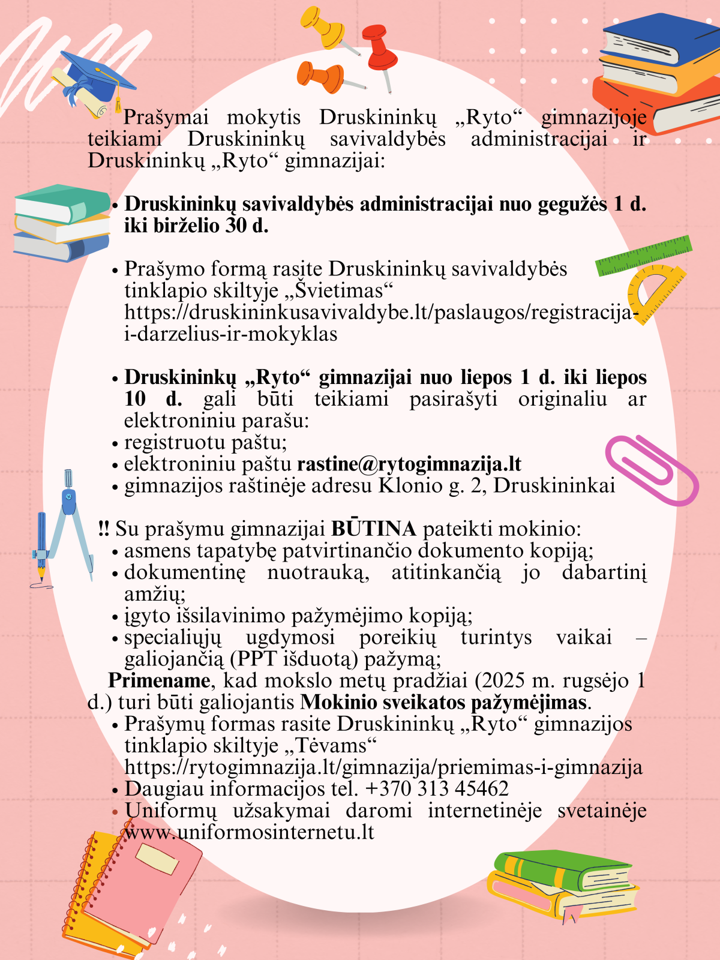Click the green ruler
click(x=644, y=256)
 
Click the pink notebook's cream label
click(x=157, y=859)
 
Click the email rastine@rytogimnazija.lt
click(x=409, y=464)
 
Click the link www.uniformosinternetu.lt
click(x=250, y=832)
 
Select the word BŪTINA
click(x=374, y=529)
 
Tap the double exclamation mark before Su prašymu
click(x=103, y=529)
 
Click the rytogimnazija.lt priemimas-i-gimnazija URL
click(x=383, y=767)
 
